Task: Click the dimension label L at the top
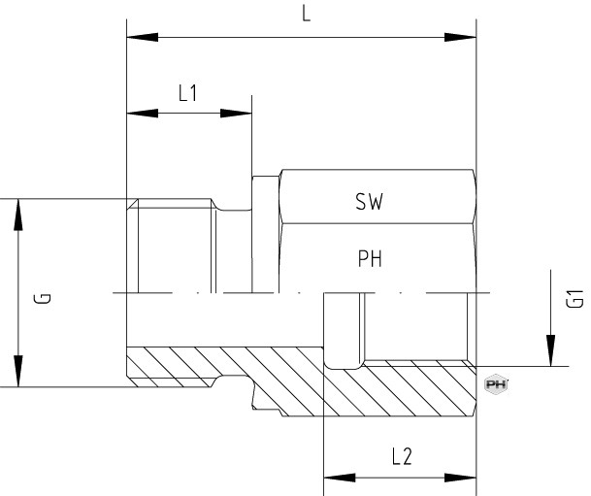306,14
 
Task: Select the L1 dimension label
187,93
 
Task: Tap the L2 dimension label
402,456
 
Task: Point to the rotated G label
43,298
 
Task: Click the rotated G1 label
575,298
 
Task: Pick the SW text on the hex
369,201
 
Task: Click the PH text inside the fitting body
370,258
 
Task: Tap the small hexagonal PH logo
496,384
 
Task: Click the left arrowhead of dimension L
143,37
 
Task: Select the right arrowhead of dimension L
460,37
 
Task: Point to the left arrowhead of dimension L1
143,113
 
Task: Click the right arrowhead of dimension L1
236,113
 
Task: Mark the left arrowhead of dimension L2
340,478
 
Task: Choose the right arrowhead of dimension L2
460,478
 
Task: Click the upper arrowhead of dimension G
18,215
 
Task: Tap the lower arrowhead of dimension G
18,371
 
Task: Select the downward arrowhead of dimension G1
550,350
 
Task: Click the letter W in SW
376,202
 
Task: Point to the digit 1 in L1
193,93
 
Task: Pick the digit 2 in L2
407,456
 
